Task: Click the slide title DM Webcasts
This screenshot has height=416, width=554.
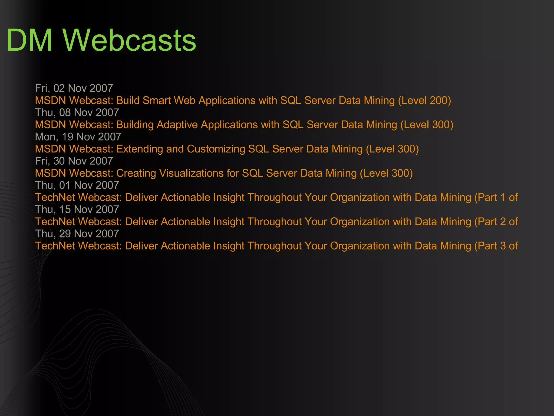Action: tap(101, 41)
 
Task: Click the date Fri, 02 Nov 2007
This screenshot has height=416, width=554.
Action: tap(74, 88)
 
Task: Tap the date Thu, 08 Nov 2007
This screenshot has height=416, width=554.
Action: tap(77, 113)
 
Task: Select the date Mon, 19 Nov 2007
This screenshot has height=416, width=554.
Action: tap(78, 137)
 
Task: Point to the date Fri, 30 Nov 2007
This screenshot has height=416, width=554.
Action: tap(74, 161)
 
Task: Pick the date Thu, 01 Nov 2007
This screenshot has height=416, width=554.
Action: tap(77, 185)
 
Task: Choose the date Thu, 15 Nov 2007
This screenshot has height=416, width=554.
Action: tap(77, 210)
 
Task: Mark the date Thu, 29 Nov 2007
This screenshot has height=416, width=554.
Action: tap(77, 234)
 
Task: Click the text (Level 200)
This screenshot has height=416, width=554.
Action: tap(424, 100)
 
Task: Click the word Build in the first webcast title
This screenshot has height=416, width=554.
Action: tap(128, 100)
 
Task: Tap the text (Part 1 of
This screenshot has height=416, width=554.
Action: tap(496, 197)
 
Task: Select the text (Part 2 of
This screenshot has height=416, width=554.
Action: tap(496, 222)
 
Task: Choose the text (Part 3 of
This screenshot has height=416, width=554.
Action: tap(496, 246)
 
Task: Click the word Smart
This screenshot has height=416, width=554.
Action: tap(157, 100)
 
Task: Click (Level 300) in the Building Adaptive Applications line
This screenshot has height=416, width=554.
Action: tap(427, 125)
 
